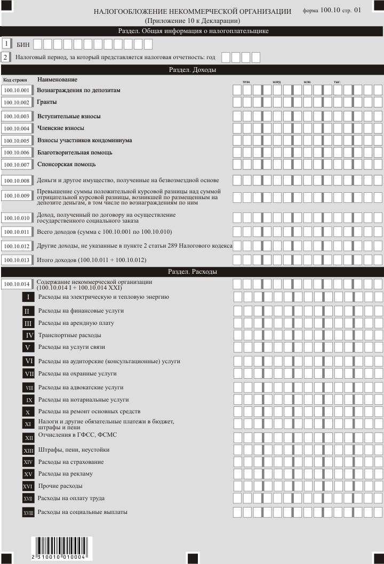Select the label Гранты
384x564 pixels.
coord(47,102)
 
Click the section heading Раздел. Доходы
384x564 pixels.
coord(192,70)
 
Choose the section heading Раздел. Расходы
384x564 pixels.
coord(192,272)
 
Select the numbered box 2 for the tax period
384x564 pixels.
coord(6,57)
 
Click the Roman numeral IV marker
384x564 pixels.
coord(29,336)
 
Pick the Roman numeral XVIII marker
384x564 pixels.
coord(29,513)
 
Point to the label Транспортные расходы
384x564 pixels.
coord(70,336)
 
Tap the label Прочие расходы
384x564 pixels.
coord(60,486)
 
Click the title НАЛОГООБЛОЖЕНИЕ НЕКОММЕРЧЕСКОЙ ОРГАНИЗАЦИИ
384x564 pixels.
coord(192,11)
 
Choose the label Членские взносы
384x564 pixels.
coord(61,128)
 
